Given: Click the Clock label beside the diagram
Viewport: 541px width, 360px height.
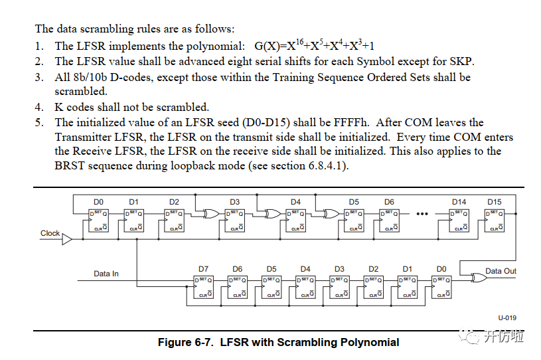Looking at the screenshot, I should point(50,234).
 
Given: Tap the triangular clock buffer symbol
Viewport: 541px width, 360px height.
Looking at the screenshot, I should point(67,238).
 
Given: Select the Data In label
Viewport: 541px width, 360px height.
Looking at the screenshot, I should point(106,273).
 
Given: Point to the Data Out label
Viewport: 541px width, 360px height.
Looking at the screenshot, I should point(501,271).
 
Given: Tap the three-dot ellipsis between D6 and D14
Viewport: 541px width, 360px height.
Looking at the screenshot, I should point(423,215).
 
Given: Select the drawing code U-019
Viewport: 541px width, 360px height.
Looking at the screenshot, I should point(507,317).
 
